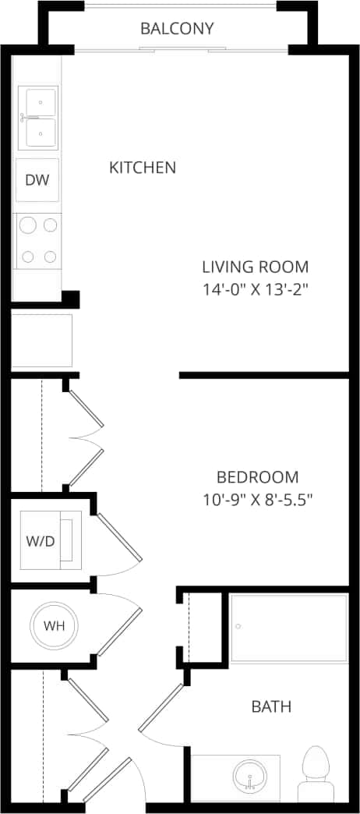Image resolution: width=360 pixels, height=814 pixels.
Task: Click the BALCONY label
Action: (177, 29)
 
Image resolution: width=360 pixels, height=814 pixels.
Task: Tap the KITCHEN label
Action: (142, 167)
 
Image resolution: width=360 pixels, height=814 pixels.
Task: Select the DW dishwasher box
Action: (37, 180)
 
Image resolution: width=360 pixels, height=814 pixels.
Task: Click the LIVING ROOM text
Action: (255, 266)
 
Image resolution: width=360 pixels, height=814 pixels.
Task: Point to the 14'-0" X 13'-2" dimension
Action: (255, 288)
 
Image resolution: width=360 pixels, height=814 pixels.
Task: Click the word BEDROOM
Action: (257, 477)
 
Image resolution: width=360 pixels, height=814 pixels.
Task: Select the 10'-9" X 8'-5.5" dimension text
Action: (257, 500)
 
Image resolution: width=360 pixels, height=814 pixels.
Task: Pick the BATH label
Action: (271, 707)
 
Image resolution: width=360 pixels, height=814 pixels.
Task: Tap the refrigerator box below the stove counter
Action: (41, 341)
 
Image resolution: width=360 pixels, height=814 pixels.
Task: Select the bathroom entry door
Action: (161, 708)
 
